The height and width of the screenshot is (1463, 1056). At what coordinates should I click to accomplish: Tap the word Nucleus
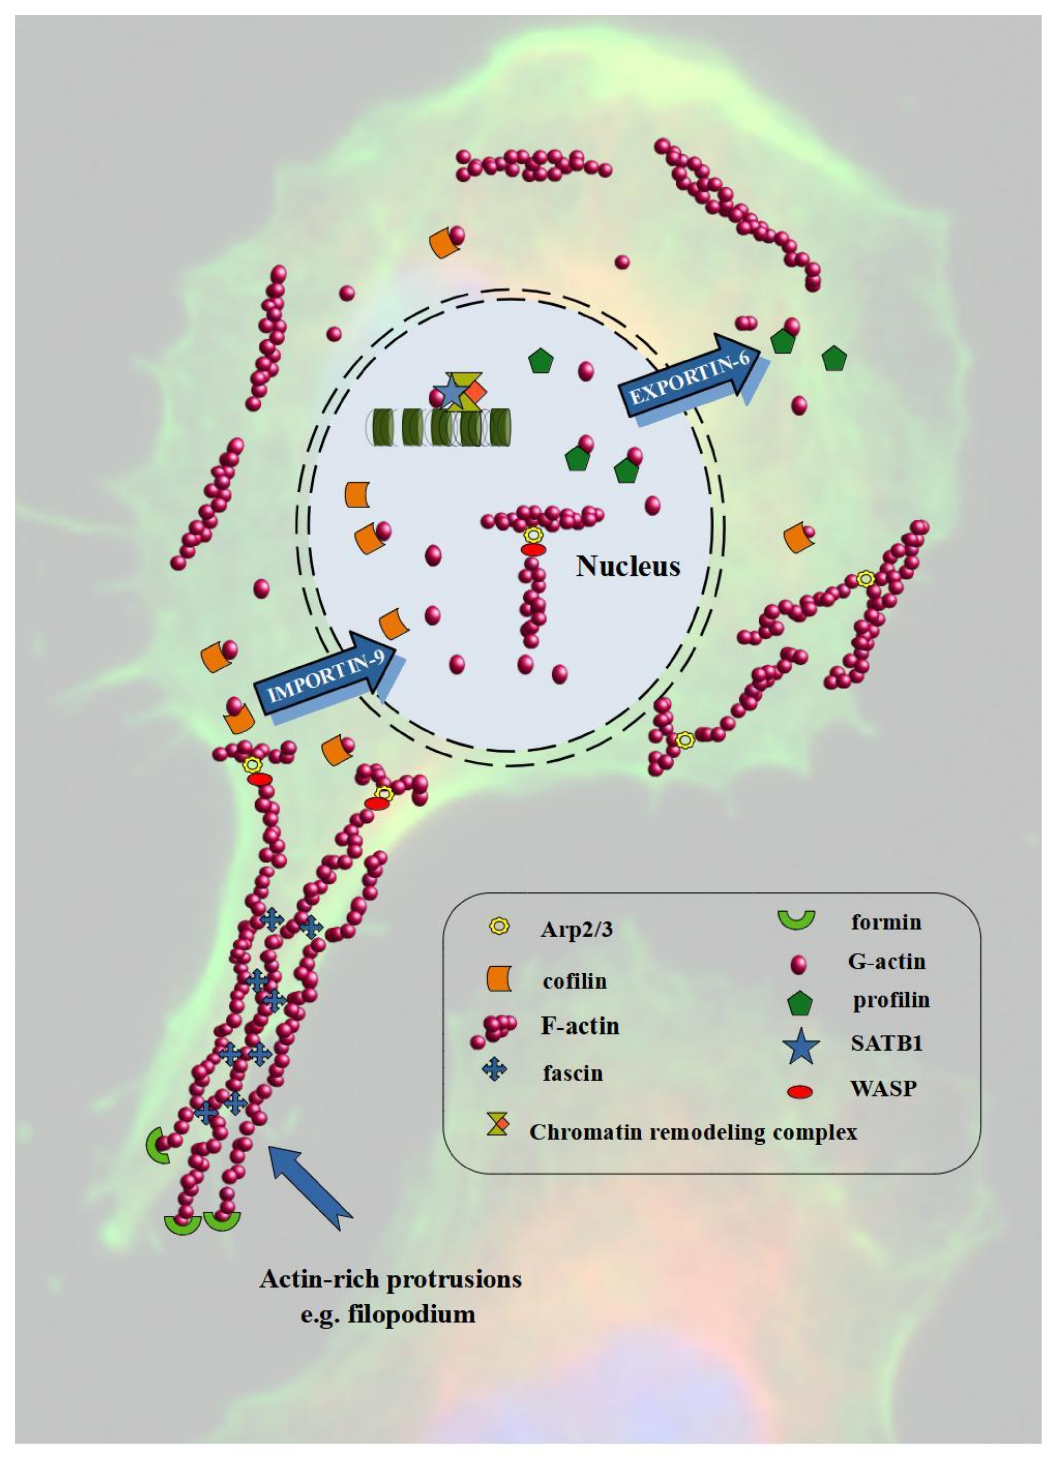click(628, 566)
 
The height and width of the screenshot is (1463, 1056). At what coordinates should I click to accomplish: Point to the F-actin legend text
click(579, 1026)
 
